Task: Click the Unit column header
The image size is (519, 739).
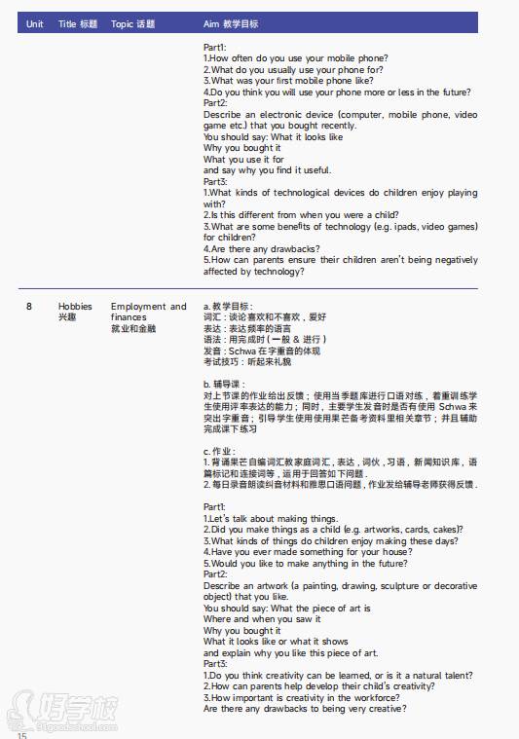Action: coord(35,23)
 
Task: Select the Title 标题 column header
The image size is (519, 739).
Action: coord(78,23)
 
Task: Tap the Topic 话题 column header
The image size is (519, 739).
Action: coord(132,23)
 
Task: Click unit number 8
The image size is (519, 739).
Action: coord(29,307)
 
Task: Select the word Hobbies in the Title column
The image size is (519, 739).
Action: coord(75,307)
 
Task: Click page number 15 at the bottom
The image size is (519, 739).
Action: coord(21,733)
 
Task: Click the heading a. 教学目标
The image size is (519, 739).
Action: coord(227,307)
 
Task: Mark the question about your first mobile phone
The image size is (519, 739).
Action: coord(286,81)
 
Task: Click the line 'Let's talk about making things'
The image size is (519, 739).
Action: coord(271,518)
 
